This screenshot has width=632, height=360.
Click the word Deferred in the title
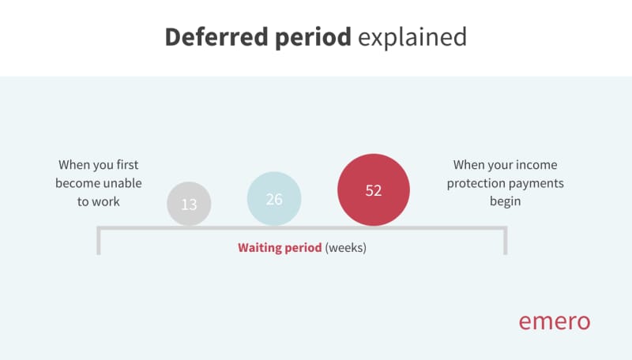(216, 36)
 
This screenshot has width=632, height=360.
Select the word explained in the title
(412, 37)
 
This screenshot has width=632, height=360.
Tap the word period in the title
(313, 38)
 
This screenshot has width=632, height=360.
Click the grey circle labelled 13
(189, 204)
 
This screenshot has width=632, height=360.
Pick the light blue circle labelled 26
(274, 199)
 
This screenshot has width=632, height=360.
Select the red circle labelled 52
(374, 190)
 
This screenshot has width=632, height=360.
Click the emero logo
(555, 322)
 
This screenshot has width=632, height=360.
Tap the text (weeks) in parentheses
(346, 248)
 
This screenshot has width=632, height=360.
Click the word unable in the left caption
(122, 183)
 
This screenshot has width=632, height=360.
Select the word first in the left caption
(127, 165)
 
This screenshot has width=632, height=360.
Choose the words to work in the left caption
(98, 201)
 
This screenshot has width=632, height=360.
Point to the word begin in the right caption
(506, 201)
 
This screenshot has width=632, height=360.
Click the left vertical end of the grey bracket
(99, 242)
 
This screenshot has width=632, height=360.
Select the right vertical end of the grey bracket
(506, 242)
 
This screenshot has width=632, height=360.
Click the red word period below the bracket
(303, 248)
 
